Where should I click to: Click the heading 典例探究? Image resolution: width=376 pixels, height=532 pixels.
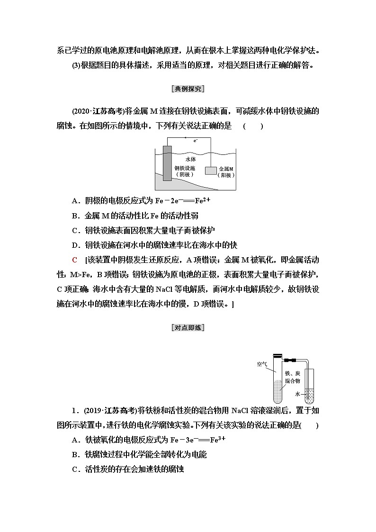pyautogui.click(x=188, y=89)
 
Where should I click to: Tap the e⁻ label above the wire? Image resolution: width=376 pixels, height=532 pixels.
pyautogui.click(x=196, y=141)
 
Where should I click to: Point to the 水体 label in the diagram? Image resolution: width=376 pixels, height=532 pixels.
pyautogui.click(x=191, y=160)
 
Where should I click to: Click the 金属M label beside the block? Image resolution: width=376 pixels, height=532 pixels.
pyautogui.click(x=226, y=169)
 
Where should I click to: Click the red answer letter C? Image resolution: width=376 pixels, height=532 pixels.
pyautogui.click(x=74, y=260)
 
